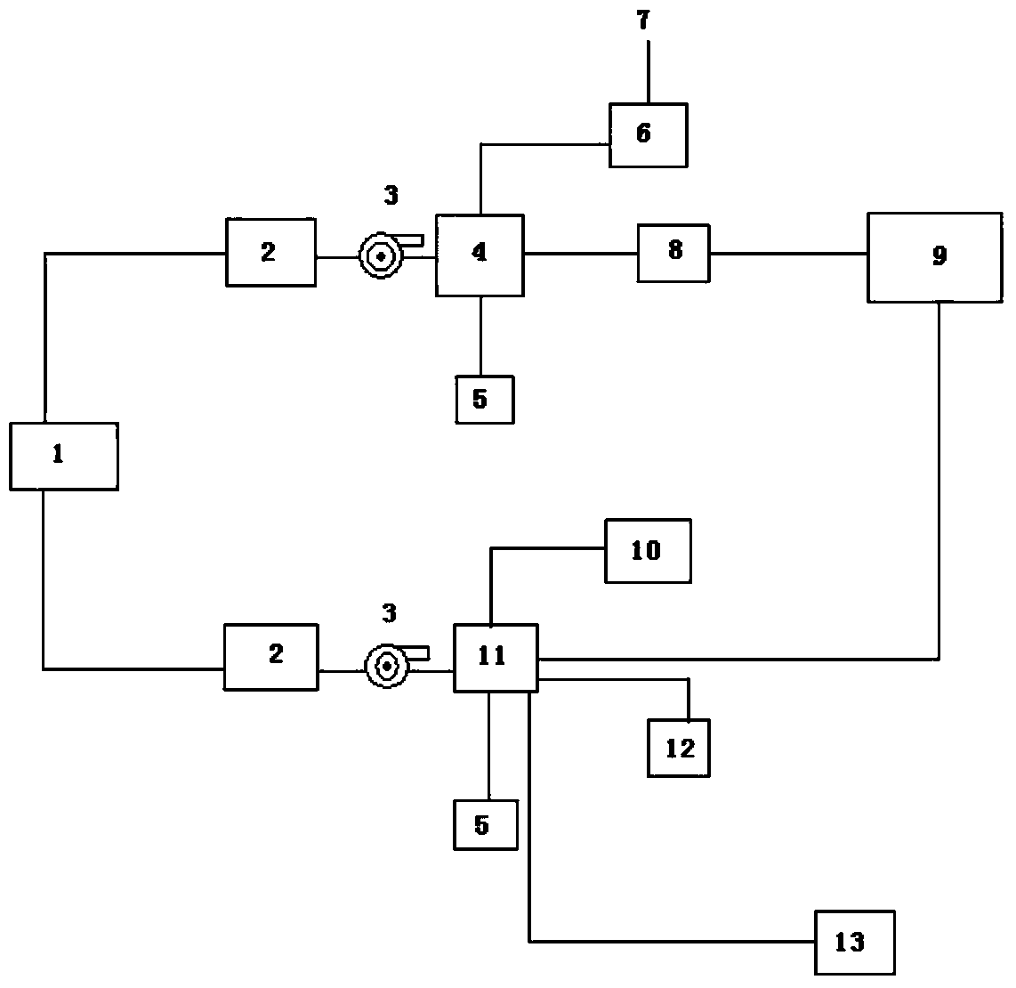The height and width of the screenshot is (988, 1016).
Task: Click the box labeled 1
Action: point(64,456)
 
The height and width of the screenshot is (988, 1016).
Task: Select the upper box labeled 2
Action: point(270,252)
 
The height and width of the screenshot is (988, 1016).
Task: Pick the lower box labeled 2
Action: point(270,657)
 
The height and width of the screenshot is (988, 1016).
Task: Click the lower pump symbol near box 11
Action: point(388,664)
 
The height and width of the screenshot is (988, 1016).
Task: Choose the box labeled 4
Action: point(480,255)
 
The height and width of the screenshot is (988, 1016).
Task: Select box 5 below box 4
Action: point(484,399)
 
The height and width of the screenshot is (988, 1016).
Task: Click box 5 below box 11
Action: point(486,825)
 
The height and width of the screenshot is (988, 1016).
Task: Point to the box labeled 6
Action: point(648,134)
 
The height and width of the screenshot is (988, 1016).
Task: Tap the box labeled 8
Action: point(673,254)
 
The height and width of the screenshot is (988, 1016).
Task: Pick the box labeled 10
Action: point(648,551)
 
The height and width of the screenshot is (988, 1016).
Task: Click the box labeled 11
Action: point(496,658)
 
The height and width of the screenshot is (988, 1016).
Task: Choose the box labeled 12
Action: point(678,749)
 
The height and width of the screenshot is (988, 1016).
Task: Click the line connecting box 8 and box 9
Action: point(788,254)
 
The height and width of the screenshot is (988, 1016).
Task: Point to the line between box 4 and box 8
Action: point(580,254)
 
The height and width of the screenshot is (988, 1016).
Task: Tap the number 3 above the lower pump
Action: point(389,612)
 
